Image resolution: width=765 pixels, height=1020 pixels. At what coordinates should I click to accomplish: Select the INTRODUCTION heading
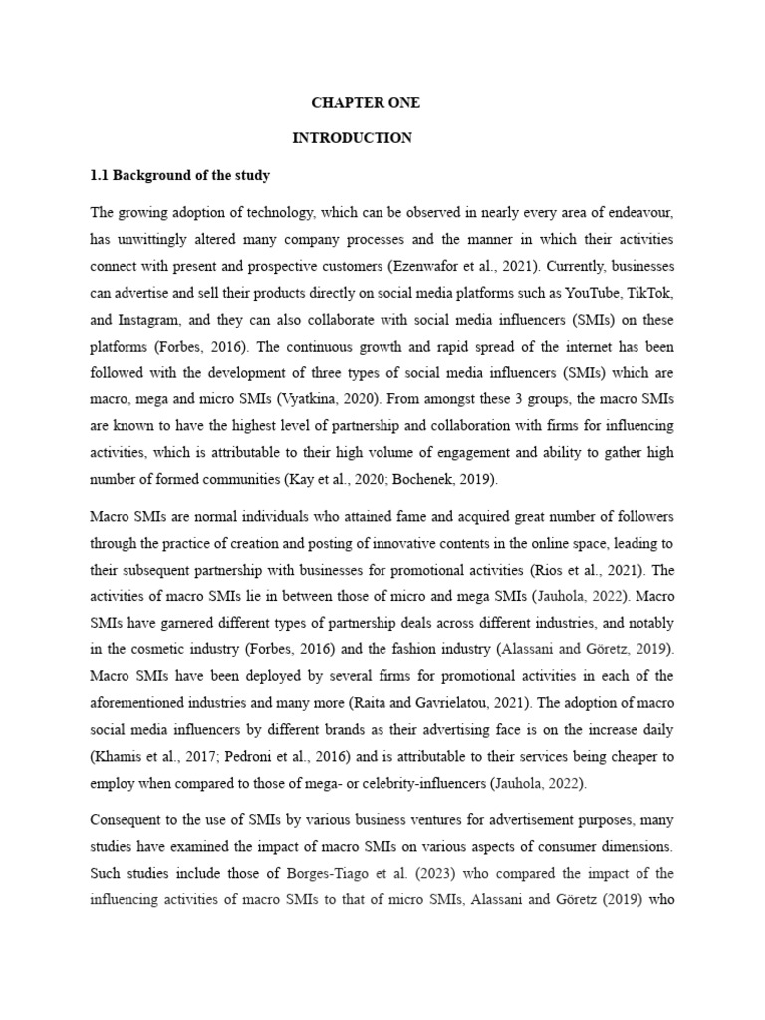pos(352,138)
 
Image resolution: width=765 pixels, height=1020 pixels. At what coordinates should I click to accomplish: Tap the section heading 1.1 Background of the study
pos(179,175)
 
